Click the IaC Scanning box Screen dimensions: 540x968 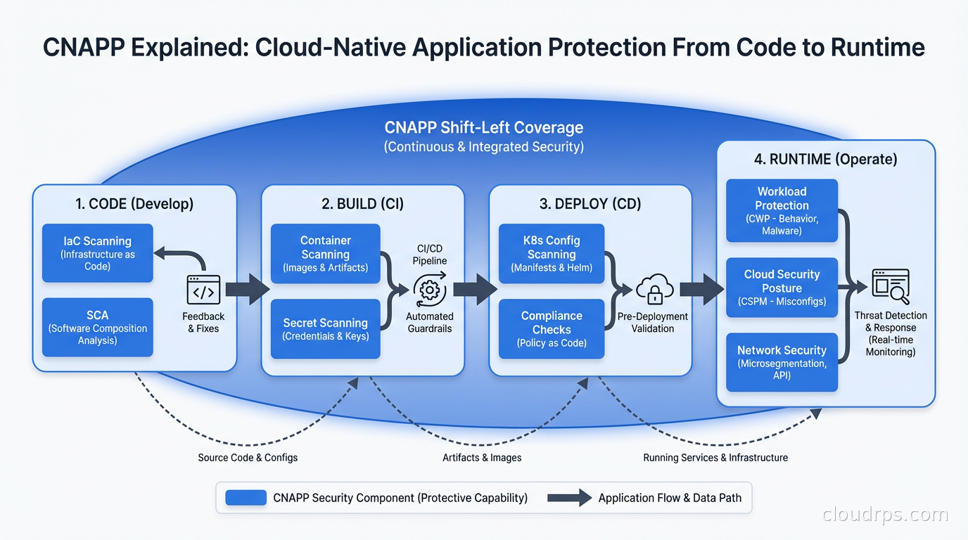97,253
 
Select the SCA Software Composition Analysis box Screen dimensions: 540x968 97,327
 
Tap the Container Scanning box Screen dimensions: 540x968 325,253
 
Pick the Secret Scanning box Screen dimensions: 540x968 325,329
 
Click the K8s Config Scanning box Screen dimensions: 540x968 552,253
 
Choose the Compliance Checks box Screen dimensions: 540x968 552,329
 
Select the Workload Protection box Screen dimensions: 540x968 782,210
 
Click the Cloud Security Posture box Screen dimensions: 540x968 782,288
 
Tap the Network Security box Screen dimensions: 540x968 782,362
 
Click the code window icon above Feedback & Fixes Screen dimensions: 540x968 203,290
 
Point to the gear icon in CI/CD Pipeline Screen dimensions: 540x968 429,290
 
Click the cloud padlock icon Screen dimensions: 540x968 654,290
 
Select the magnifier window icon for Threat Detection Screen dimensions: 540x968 890,285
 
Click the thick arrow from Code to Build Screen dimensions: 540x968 247,290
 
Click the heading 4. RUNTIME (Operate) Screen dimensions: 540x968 825,160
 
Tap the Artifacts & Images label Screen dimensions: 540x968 482,458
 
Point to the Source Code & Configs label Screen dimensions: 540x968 248,458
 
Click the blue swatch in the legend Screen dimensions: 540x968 246,498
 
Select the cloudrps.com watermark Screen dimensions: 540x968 885,515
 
